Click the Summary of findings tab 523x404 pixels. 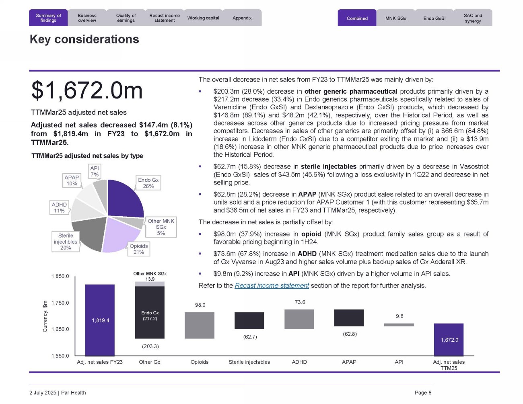tap(48, 18)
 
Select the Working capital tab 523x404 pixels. tap(203, 18)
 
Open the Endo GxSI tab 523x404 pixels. tap(434, 18)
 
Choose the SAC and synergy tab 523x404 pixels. tap(473, 18)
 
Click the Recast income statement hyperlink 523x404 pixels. tap(272, 285)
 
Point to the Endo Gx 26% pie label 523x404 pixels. tap(148, 183)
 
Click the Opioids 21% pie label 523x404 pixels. tap(139, 249)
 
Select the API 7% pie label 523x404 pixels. tap(95, 171)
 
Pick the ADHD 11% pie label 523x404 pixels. tap(59, 207)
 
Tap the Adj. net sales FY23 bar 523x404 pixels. tap(100, 320)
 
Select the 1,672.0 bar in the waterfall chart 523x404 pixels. tap(449, 339)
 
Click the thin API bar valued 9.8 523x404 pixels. tap(399, 325)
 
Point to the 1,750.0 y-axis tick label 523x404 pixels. tap(60, 303)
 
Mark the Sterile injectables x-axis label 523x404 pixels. tap(249, 362)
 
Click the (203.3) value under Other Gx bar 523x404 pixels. tap(150, 346)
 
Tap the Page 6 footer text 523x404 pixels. tap(423, 393)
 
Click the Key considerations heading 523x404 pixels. tap(84, 39)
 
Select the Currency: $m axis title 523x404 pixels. tap(45, 316)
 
